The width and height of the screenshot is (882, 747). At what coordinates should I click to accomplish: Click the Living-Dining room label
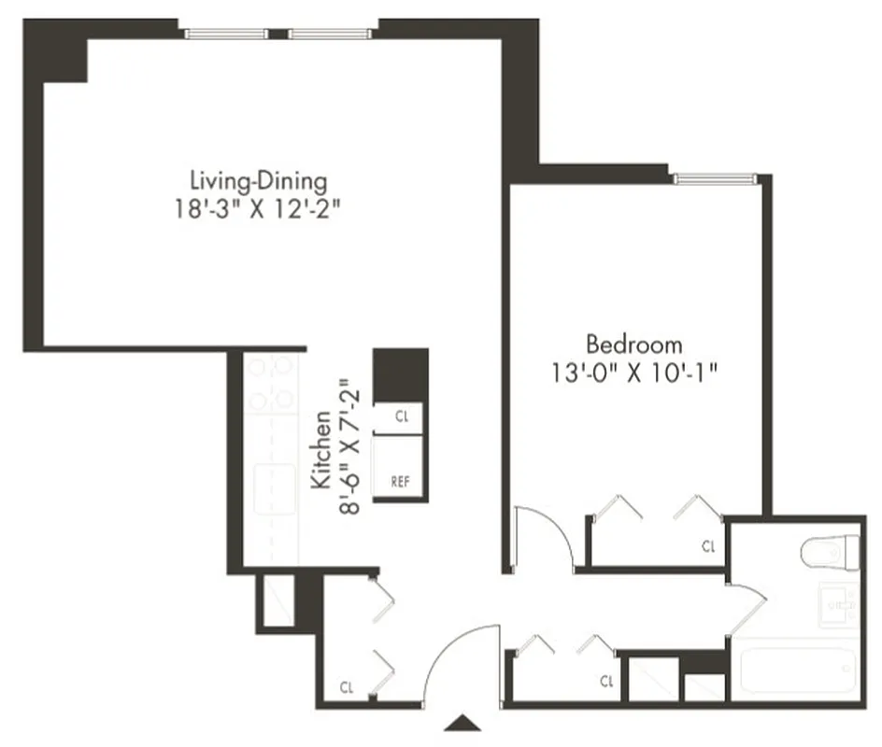(258, 179)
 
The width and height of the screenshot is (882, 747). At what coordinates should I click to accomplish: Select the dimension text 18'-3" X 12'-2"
(258, 207)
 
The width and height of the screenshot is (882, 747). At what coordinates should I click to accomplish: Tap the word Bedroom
(633, 344)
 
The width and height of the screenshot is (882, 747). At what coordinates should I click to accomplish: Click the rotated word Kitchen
(320, 450)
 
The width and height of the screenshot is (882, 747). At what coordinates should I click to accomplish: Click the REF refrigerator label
(399, 482)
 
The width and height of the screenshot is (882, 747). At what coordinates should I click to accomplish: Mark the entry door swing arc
(458, 654)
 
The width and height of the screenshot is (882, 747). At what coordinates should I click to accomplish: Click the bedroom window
(715, 178)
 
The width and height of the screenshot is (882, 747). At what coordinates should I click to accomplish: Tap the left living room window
(226, 34)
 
